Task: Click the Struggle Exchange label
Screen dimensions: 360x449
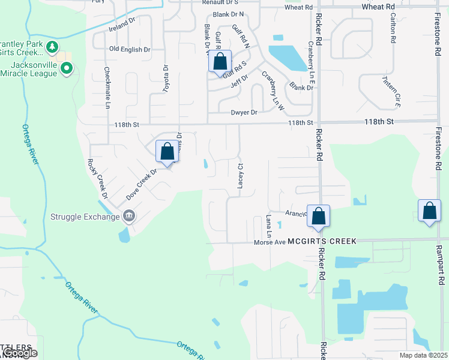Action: [x=85, y=217]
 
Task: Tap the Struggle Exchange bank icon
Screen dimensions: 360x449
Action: [x=128, y=216]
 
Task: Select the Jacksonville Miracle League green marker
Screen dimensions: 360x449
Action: [x=67, y=70]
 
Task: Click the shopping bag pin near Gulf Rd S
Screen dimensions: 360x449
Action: [x=220, y=61]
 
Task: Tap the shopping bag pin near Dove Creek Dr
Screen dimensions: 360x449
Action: [x=167, y=151]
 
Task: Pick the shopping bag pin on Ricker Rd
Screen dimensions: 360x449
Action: [x=318, y=216]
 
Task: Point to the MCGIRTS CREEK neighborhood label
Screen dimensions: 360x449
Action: [x=322, y=241]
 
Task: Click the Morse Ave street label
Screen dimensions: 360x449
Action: [x=269, y=242]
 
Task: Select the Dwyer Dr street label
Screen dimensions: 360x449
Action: [x=244, y=112]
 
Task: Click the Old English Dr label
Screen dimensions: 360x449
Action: [x=129, y=49]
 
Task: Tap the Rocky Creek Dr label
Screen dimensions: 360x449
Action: [x=97, y=178]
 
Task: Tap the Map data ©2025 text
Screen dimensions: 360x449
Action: [x=423, y=355]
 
